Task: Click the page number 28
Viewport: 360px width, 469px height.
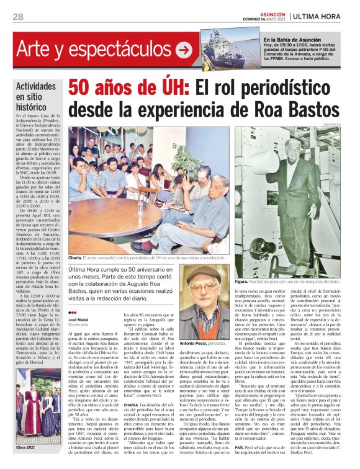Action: click(18, 17)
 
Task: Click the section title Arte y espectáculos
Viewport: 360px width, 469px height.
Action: click(94, 49)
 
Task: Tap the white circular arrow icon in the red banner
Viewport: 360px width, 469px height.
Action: click(183, 49)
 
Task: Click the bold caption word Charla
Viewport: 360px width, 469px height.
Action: click(74, 257)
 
